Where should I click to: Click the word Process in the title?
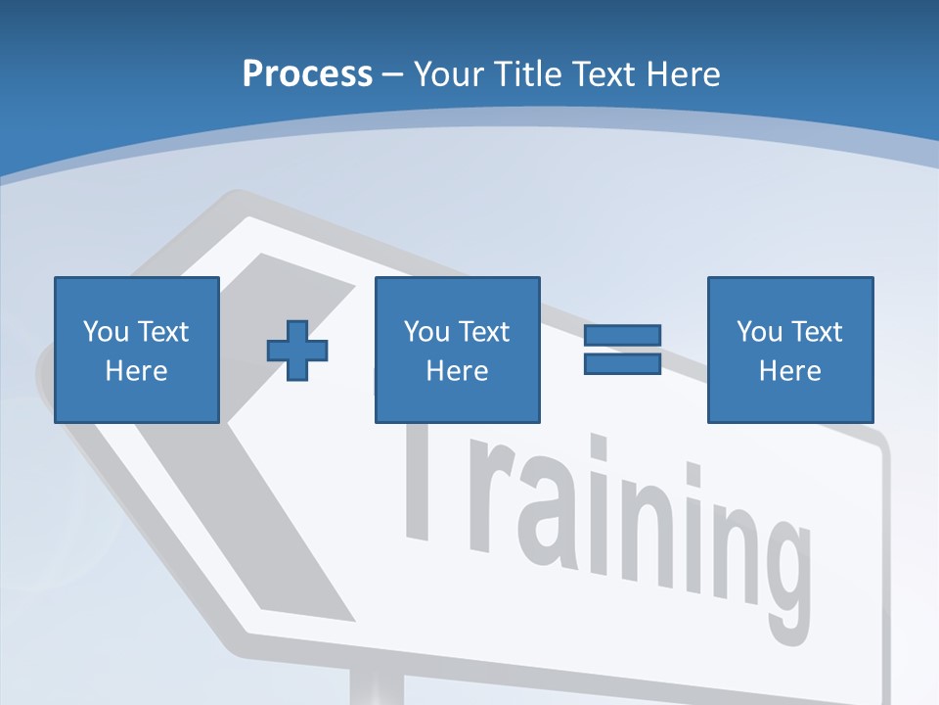click(307, 73)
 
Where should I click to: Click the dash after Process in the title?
click(392, 74)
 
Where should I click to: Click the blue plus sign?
click(297, 350)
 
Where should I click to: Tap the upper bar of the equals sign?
click(622, 336)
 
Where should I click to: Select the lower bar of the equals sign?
click(622, 363)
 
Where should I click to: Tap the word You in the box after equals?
click(759, 332)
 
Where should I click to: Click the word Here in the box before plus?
click(136, 371)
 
